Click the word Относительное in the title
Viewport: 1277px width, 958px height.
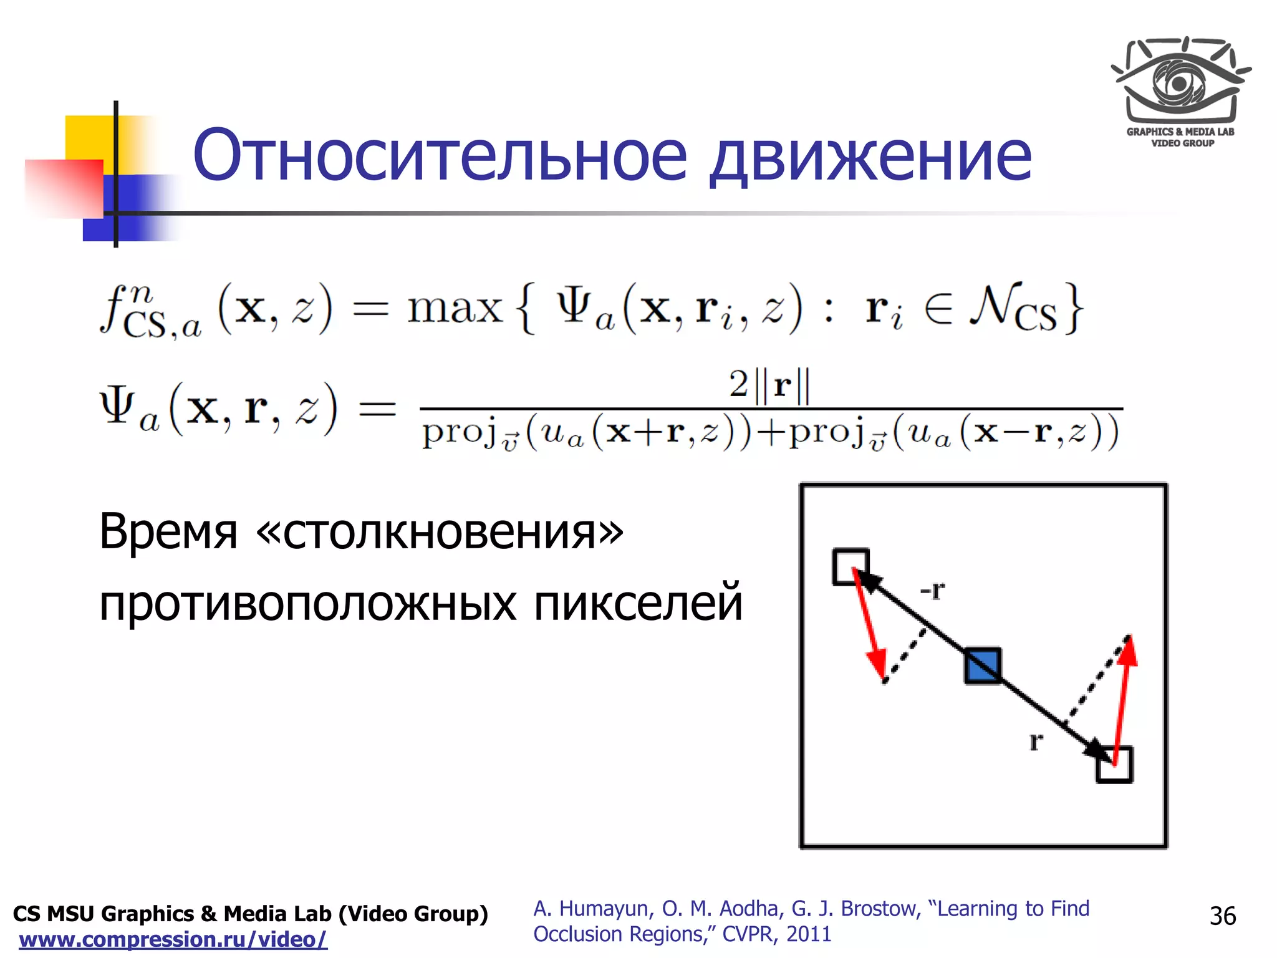[x=440, y=155]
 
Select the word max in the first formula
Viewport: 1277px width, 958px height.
[x=455, y=308]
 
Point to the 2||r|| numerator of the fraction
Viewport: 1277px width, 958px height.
[x=769, y=385]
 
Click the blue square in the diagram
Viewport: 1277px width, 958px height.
[x=983, y=666]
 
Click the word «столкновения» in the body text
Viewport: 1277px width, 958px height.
[x=440, y=531]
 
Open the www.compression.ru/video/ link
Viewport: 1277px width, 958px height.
[x=173, y=939]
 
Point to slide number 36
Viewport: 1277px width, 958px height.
[x=1222, y=916]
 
